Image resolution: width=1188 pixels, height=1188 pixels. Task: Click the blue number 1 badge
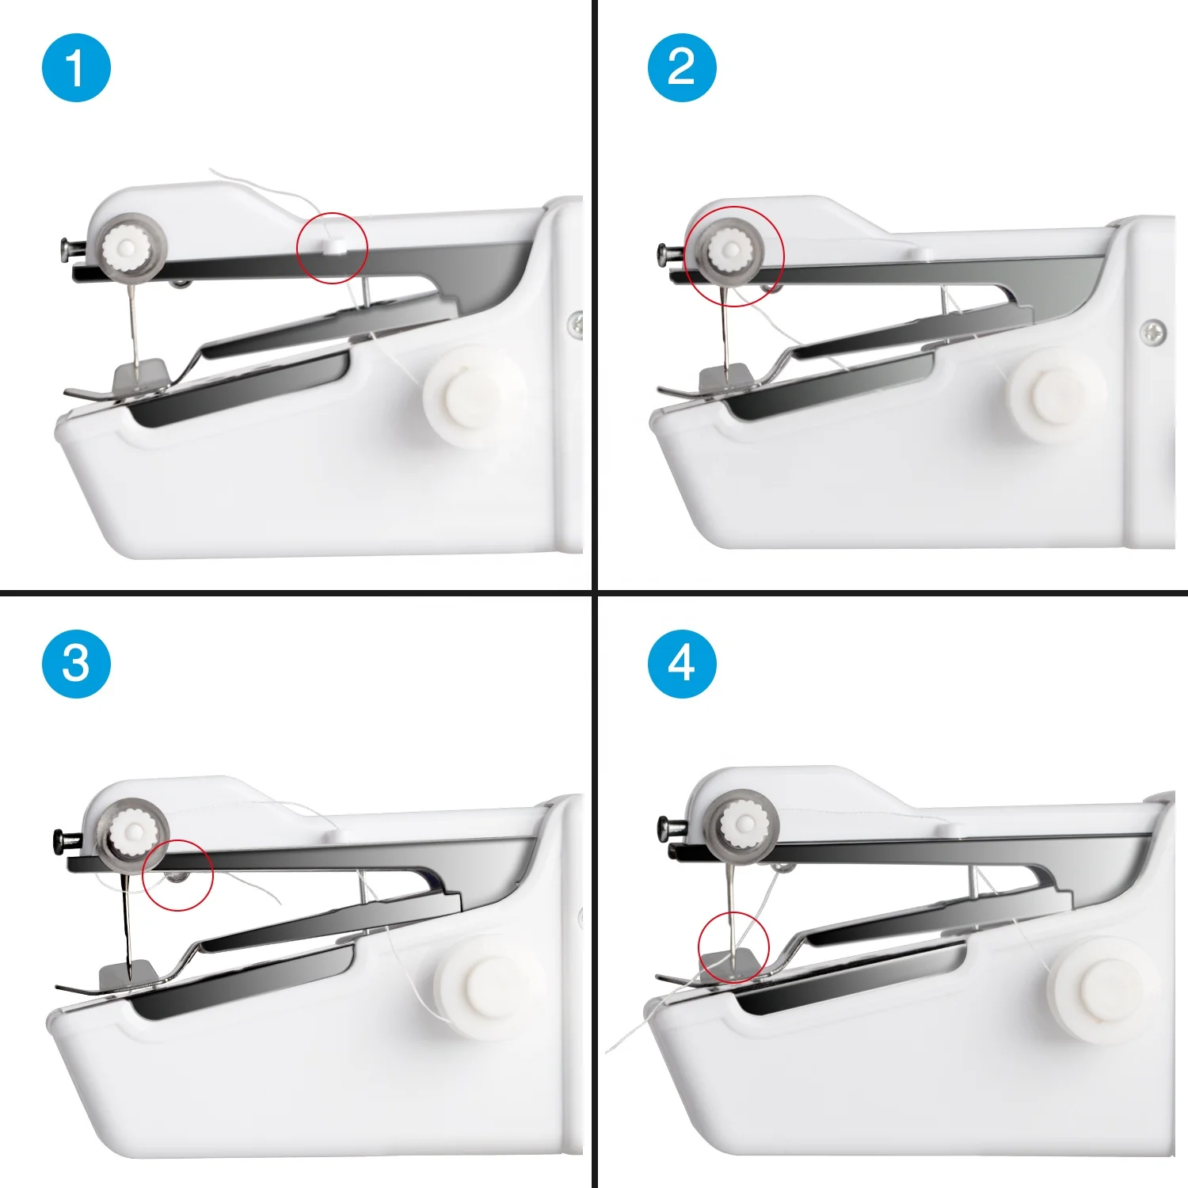pos(76,68)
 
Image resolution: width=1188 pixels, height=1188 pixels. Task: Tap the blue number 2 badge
pos(682,68)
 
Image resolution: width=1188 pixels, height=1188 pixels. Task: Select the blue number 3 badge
pos(76,664)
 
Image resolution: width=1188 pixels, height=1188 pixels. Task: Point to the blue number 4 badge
pos(682,664)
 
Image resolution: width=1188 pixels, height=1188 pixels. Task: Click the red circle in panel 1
pos(297,248)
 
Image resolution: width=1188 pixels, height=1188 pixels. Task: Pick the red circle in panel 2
pos(685,256)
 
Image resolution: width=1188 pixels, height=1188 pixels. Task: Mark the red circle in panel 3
pos(143,875)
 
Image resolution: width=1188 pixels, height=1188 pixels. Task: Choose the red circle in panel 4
pos(699,947)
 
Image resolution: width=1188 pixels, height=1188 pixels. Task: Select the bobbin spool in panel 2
pos(1055,394)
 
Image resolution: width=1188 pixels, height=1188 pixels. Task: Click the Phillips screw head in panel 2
pos(1152,332)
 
